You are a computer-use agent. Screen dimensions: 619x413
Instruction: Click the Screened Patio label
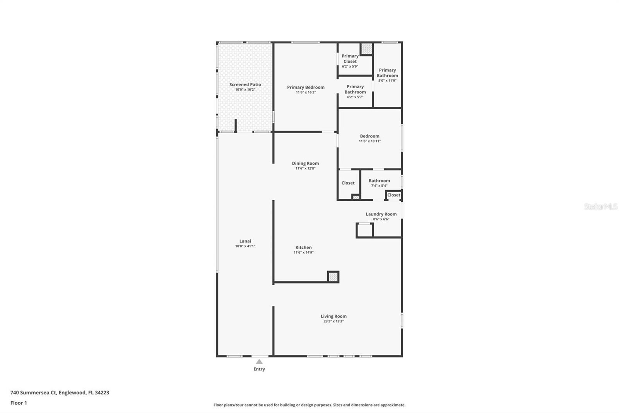(245, 84)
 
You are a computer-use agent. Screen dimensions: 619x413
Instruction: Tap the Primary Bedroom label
(306, 87)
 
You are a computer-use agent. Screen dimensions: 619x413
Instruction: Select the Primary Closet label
(350, 59)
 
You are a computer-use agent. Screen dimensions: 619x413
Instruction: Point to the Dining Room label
(305, 163)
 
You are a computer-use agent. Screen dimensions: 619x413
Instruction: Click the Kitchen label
(303, 248)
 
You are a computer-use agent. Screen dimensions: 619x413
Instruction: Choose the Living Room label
(333, 316)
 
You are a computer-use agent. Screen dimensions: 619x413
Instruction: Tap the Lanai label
(245, 241)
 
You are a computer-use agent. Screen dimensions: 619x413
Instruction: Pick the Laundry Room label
(381, 214)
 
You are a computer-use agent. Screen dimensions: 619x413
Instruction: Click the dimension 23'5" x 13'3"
(333, 322)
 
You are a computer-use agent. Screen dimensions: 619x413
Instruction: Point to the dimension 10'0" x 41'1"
(245, 246)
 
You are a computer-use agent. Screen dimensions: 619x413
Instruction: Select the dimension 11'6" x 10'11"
(370, 141)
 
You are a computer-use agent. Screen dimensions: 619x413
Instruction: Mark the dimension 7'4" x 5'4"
(379, 186)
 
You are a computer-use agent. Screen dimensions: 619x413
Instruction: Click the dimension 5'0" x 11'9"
(387, 81)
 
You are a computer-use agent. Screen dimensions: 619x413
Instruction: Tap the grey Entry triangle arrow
(259, 361)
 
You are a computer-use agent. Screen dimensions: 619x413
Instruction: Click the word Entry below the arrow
(259, 369)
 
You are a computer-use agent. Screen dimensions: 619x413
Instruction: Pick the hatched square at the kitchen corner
(333, 277)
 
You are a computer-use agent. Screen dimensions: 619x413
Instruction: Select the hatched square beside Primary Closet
(367, 49)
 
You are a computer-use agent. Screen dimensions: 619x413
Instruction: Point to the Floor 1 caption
(19, 403)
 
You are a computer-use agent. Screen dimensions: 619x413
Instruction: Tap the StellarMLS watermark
(601, 206)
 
